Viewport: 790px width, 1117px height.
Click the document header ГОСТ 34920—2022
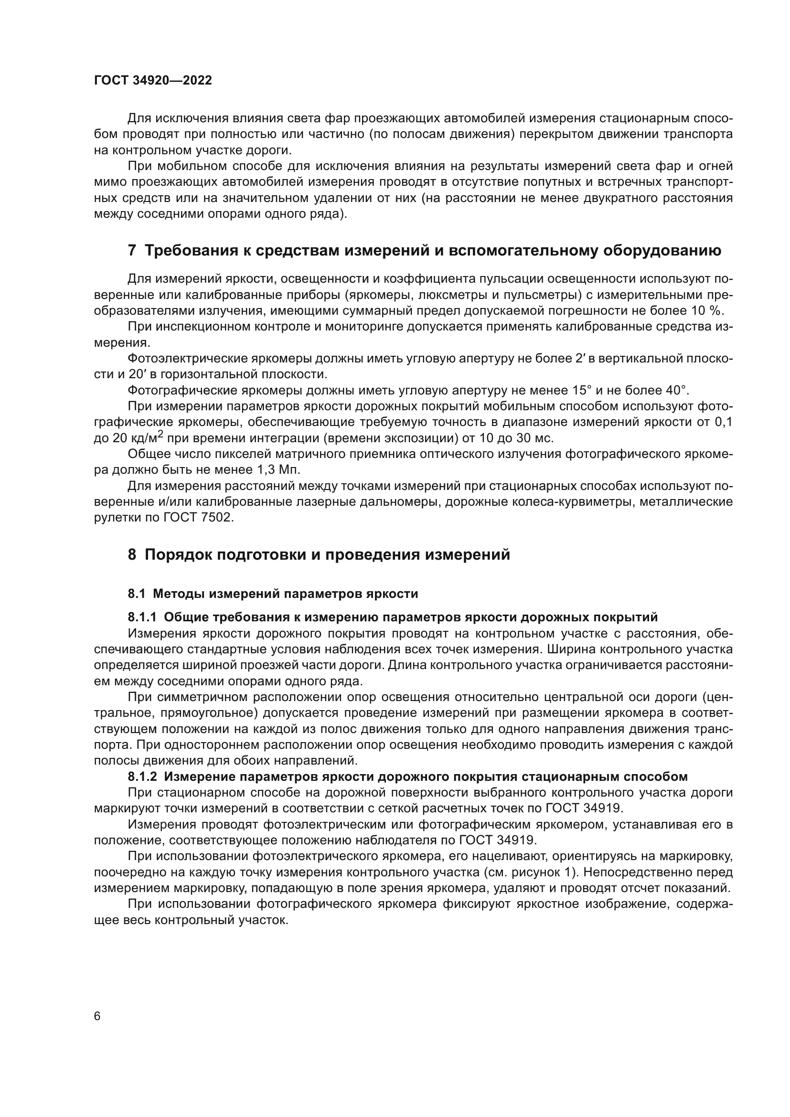(153, 81)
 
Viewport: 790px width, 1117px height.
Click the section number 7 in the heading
(132, 251)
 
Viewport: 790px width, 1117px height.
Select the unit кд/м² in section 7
(147, 438)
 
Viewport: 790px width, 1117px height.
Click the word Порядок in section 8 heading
(177, 554)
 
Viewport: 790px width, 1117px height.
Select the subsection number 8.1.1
(142, 617)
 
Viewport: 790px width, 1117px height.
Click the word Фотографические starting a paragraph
(173, 391)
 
